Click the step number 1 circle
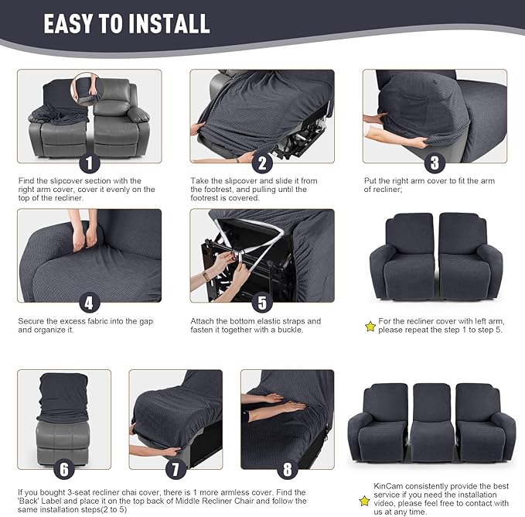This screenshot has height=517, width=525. (89, 163)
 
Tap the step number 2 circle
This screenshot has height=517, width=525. (262, 163)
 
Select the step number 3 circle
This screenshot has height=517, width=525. (435, 163)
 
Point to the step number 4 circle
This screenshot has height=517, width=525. (89, 303)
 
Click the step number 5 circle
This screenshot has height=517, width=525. (262, 303)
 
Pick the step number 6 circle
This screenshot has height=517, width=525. (64, 469)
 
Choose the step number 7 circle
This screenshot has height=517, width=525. (175, 469)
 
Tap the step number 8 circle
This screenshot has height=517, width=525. (287, 469)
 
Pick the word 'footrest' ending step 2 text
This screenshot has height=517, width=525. (208, 198)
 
